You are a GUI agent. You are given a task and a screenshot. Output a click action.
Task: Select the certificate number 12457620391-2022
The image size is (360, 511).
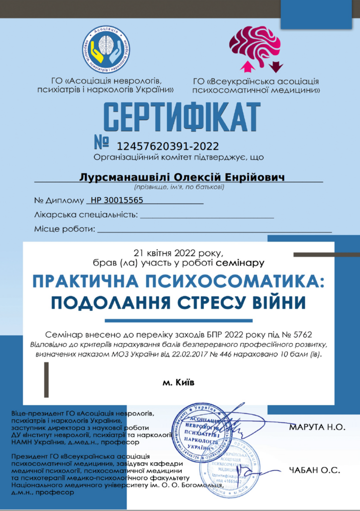point(168,146)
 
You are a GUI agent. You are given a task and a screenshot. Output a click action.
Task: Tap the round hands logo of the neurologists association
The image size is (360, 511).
point(106,49)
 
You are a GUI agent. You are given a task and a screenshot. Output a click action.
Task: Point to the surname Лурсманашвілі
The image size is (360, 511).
point(125,178)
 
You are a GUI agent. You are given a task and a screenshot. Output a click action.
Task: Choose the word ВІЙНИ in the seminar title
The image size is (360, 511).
point(274,303)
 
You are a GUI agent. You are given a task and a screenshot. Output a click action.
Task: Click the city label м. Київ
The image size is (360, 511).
point(178,383)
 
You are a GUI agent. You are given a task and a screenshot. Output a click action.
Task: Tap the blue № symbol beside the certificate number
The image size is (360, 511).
point(102,142)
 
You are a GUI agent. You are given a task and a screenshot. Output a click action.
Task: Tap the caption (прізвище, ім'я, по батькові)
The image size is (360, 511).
point(179,188)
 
